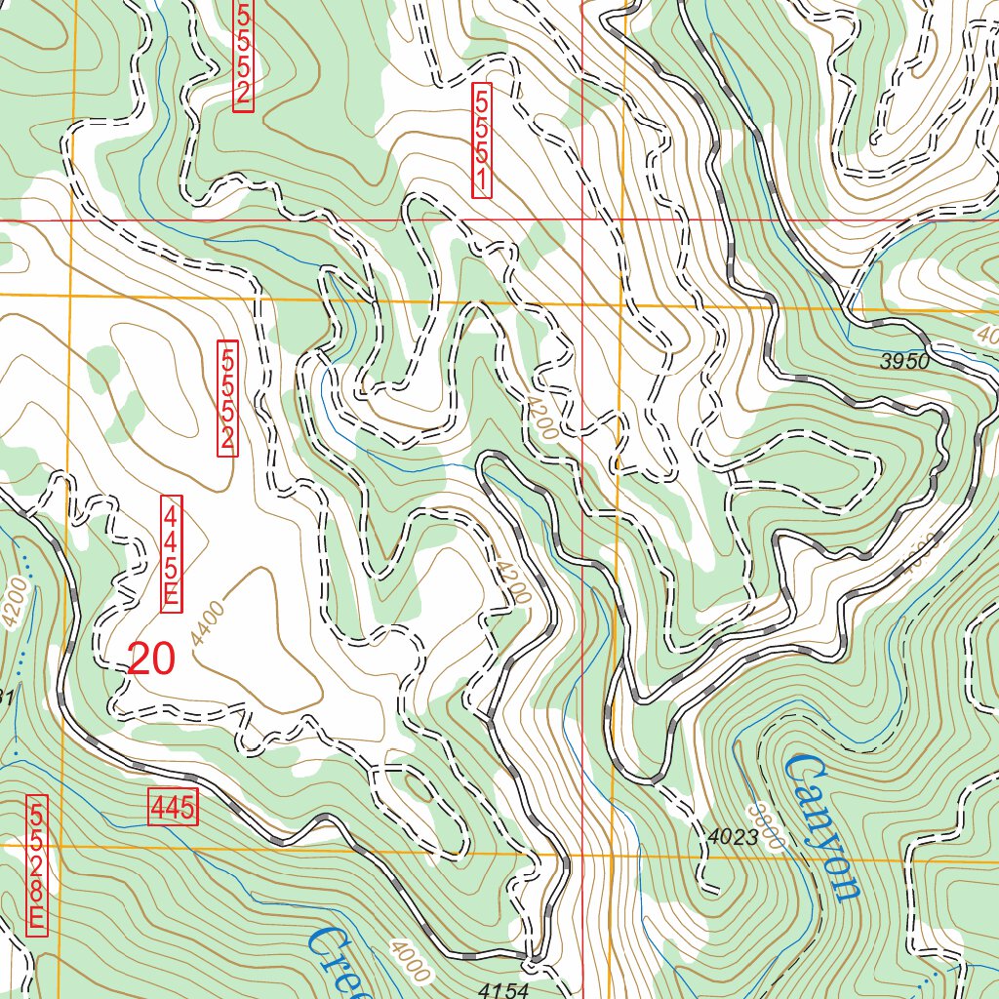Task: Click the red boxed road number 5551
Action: tap(481, 140)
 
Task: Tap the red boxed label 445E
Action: tap(171, 554)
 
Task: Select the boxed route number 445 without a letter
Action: tap(173, 808)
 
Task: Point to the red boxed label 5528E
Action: tap(37, 863)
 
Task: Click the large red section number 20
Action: tap(151, 660)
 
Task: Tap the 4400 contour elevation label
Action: tap(209, 624)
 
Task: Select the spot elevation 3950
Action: tap(904, 361)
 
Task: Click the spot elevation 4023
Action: tap(732, 836)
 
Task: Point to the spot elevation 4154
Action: tap(503, 990)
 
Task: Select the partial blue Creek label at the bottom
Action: tap(341, 966)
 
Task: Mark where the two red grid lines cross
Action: tap(582, 220)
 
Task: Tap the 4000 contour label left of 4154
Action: tap(408, 960)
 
